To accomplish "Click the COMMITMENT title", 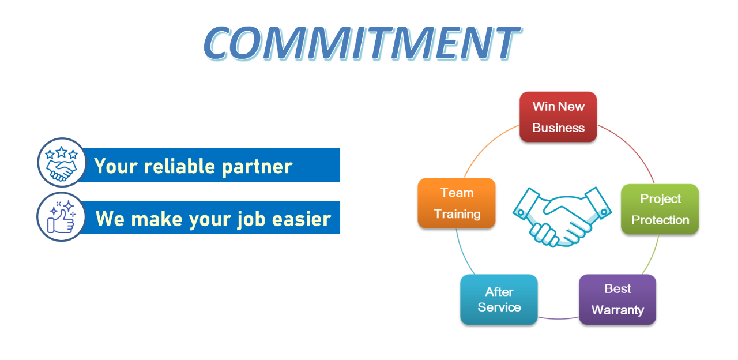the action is click(362, 43).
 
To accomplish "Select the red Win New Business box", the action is click(558, 117).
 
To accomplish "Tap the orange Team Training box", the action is click(457, 203).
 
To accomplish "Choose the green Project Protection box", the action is click(660, 209).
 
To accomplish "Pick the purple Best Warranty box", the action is click(617, 299).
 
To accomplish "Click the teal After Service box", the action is click(499, 299).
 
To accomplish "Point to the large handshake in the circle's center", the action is click(562, 217).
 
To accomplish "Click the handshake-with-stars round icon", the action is click(62, 162).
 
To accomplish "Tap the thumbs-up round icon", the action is click(61, 216).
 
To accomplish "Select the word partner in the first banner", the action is click(257, 167).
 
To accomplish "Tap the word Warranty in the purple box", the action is click(617, 310).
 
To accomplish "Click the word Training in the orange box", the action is click(457, 214).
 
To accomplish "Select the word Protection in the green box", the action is click(660, 220).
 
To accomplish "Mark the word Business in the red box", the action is click(559, 127).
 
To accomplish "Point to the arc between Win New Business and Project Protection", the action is click(631, 147).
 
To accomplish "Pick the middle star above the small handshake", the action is click(62, 152).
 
